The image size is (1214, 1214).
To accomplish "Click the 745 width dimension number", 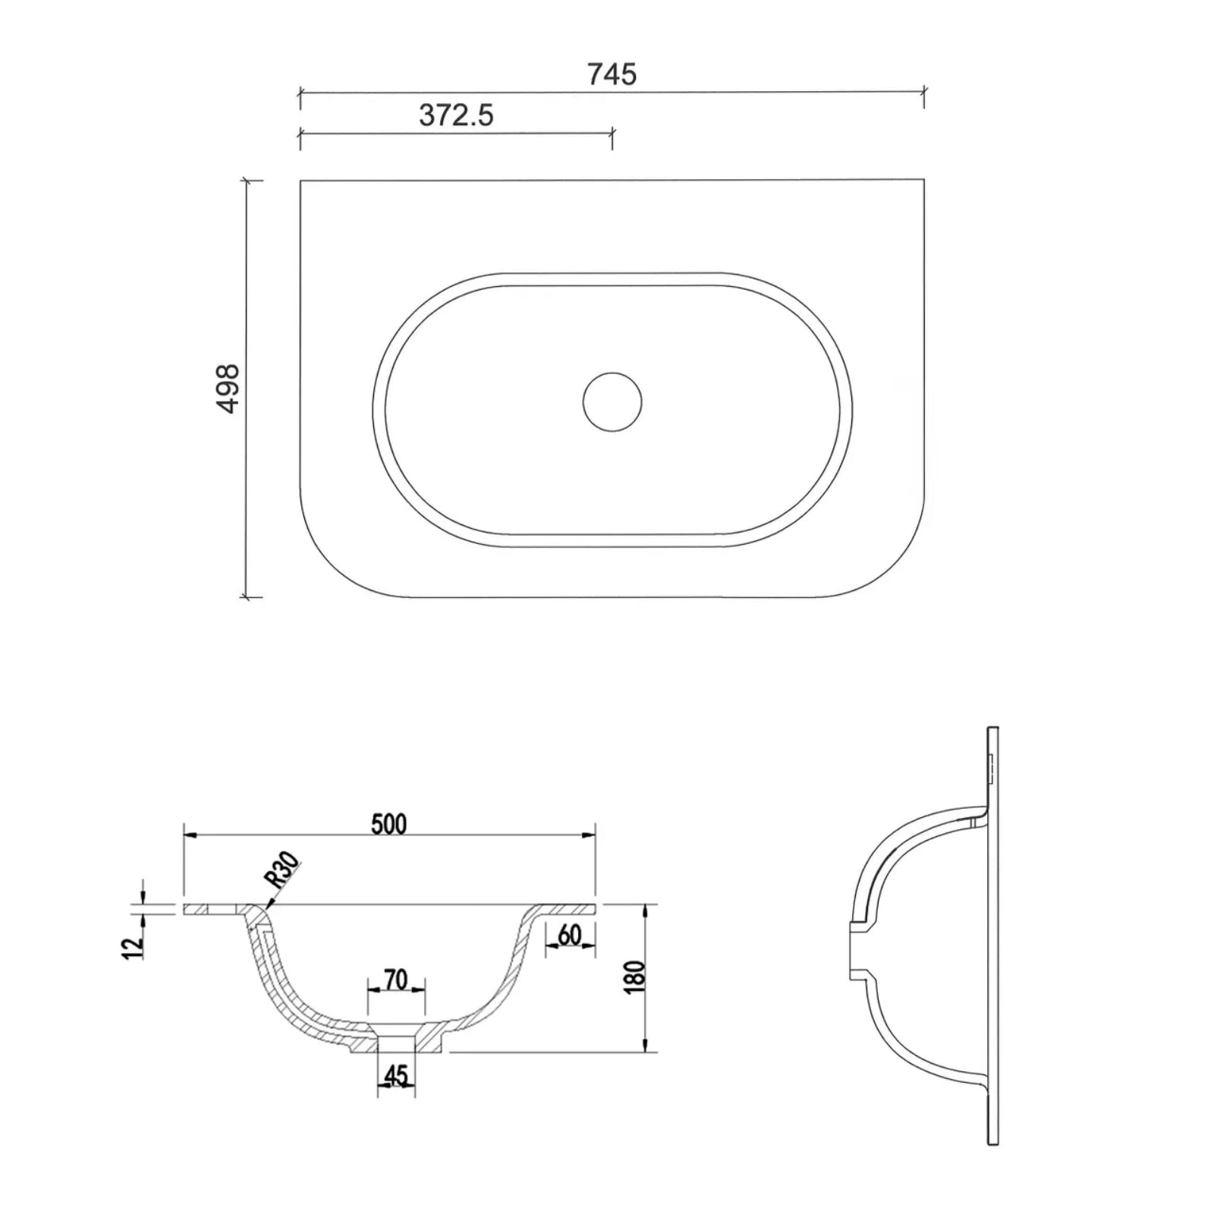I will (612, 74).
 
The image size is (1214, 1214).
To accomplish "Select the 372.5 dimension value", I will (456, 115).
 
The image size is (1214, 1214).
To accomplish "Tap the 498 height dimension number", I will (228, 389).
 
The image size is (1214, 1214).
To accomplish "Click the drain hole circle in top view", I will (612, 402).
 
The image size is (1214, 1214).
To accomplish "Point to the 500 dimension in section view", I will (389, 824).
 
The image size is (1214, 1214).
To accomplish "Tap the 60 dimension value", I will (569, 936).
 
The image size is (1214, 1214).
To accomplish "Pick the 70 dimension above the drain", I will (396, 980).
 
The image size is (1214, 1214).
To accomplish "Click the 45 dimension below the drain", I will (396, 1075).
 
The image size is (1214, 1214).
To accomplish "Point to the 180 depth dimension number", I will (636, 977).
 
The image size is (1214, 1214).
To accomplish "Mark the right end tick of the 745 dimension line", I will (923, 92).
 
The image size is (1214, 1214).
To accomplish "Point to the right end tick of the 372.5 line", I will (612, 134).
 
